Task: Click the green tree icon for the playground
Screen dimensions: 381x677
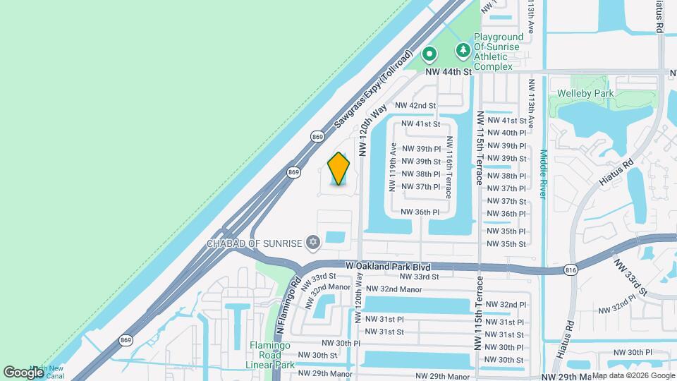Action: coord(463,49)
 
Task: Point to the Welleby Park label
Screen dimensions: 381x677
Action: coord(585,93)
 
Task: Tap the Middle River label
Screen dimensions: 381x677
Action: coord(543,174)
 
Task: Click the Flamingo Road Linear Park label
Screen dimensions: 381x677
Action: coord(270,356)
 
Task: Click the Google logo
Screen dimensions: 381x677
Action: coord(23,372)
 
